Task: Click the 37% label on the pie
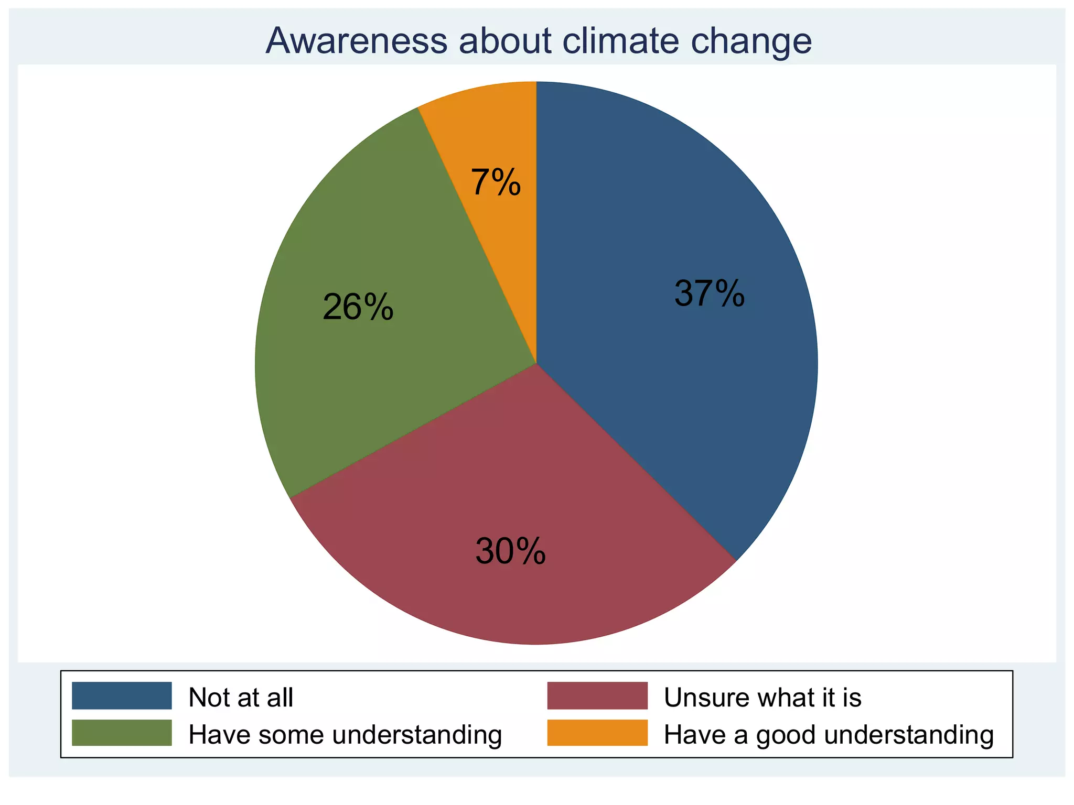709,293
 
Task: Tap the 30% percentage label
510,551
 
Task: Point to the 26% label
358,307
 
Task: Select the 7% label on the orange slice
496,182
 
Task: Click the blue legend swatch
122,695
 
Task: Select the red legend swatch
597,695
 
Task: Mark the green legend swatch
122,733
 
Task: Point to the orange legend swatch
597,733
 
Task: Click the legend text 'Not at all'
241,698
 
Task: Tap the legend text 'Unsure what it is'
762,698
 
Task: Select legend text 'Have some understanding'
345,735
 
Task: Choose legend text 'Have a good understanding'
829,735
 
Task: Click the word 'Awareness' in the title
356,41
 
